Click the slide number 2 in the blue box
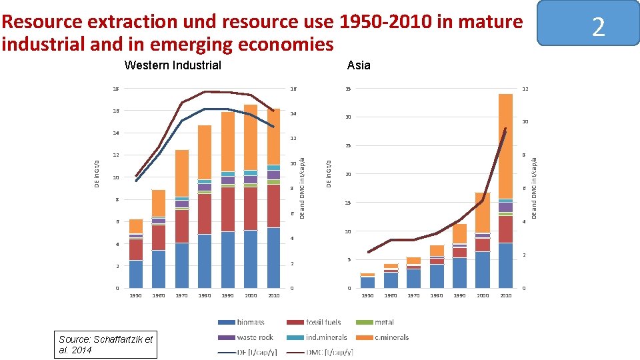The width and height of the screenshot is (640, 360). [598, 27]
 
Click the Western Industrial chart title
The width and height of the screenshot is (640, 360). [173, 65]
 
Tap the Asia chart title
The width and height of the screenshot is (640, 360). [359, 65]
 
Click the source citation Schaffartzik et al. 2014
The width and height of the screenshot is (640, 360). [107, 344]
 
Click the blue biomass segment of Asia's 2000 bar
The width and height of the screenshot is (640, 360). [483, 269]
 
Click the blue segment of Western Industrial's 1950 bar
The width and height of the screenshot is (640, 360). [136, 274]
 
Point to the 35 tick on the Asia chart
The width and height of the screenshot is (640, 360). [348, 89]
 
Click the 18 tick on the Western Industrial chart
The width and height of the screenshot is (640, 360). [116, 89]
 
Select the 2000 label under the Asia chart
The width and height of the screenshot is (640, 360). [483, 295]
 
